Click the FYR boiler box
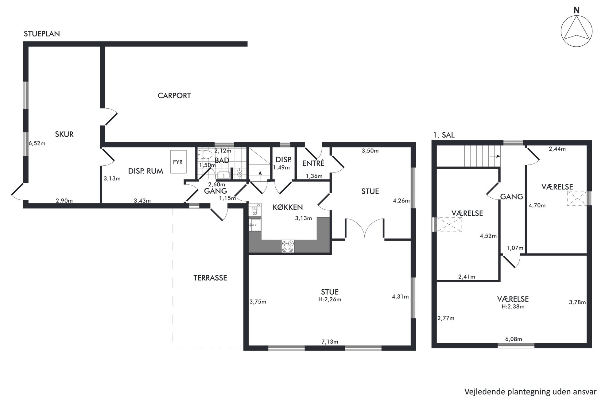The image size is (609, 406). click(x=178, y=162)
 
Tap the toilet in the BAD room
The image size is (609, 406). click(x=205, y=154)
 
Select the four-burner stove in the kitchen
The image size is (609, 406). click(x=288, y=246)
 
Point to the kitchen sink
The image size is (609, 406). click(x=255, y=225)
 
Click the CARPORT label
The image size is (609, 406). click(x=174, y=96)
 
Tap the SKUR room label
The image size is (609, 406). click(x=64, y=134)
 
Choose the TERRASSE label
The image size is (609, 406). click(x=210, y=278)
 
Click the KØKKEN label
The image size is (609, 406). click(x=288, y=207)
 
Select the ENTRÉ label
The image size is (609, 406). click(x=313, y=163)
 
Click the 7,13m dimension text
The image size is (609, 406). click(x=330, y=342)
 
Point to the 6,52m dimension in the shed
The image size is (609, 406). click(x=37, y=143)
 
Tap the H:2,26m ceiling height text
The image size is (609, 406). click(x=330, y=300)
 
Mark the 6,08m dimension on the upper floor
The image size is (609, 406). click(x=514, y=339)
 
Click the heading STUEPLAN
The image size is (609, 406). click(x=42, y=34)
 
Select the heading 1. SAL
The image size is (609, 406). click(x=444, y=135)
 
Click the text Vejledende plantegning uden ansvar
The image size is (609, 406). click(x=530, y=392)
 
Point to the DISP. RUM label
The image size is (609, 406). click(x=145, y=171)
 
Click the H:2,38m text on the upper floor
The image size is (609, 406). click(x=513, y=307)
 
